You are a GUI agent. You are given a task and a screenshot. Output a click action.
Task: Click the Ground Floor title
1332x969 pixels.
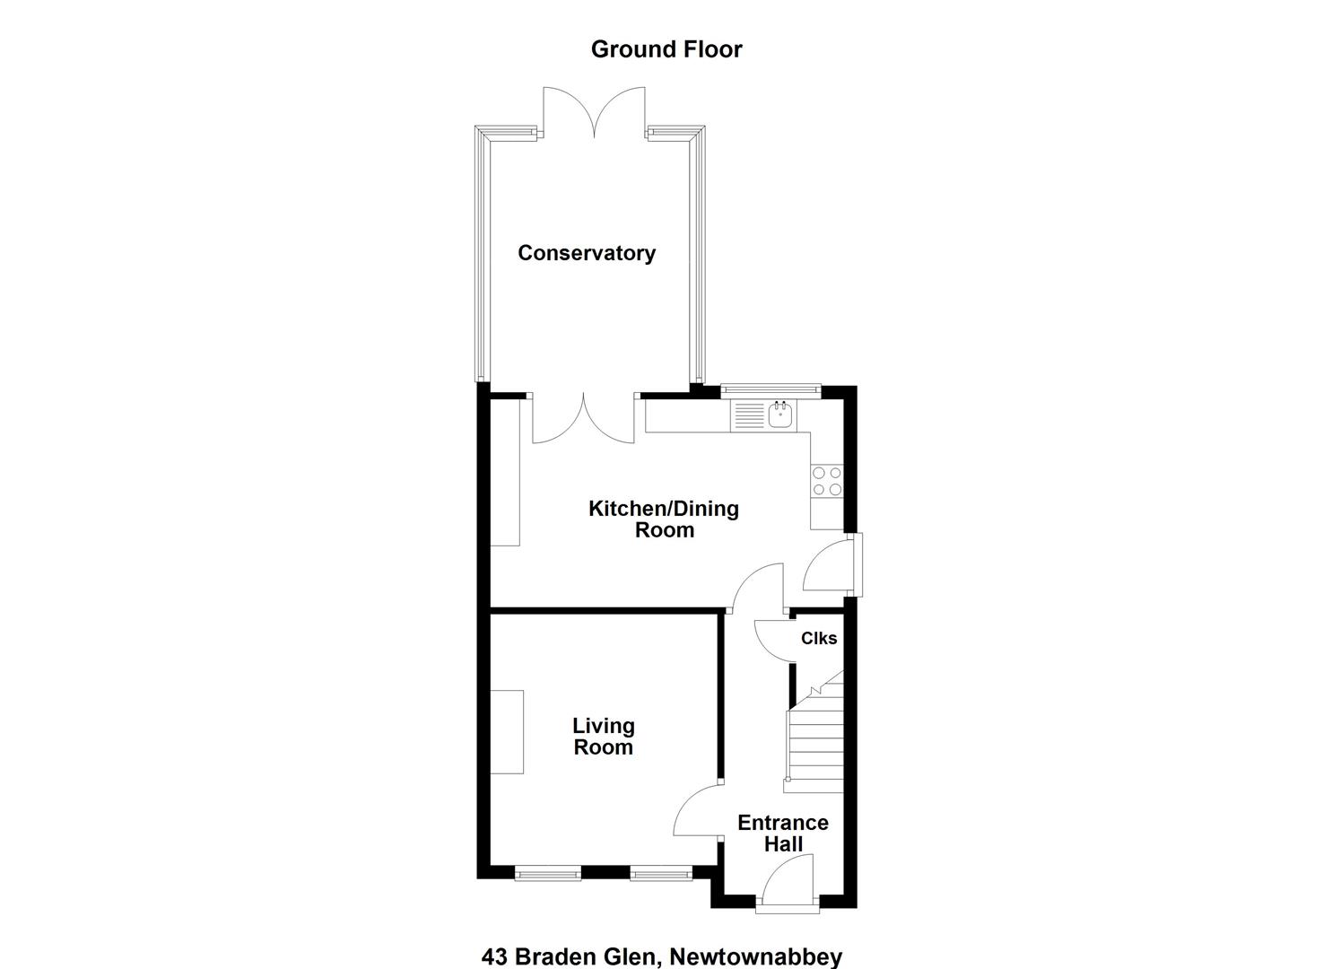point(666,49)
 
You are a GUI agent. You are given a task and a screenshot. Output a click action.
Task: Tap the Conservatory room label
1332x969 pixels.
point(587,253)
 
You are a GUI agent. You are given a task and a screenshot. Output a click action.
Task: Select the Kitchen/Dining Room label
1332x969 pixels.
point(664,519)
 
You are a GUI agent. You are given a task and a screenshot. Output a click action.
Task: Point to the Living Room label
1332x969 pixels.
point(604,737)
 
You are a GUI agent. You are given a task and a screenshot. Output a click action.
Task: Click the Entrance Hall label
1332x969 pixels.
point(783,834)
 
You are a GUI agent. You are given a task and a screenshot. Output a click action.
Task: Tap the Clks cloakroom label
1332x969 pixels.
point(819,638)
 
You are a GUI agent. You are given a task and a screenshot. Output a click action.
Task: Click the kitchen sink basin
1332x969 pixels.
point(780,415)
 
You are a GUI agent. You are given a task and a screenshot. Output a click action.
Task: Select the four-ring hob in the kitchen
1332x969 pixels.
point(827,481)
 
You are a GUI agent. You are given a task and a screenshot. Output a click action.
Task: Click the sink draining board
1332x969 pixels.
point(747,415)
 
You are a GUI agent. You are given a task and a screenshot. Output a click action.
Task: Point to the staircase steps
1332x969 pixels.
point(814,744)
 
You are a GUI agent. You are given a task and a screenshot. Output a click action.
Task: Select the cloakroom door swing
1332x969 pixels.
point(775,640)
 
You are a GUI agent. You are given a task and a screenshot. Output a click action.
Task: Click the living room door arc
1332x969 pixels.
point(697,809)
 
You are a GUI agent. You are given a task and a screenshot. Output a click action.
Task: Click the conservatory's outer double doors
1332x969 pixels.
point(594,112)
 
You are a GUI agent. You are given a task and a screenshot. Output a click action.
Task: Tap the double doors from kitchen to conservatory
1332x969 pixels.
point(583,418)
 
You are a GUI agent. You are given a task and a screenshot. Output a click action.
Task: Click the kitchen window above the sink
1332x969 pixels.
point(770,390)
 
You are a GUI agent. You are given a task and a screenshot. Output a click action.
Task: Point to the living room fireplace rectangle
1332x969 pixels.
point(507,731)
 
